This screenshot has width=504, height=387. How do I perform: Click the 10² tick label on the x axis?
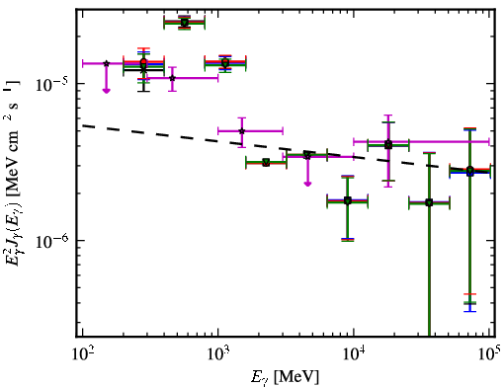point(82,354)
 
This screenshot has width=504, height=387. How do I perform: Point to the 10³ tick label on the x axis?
point(218,354)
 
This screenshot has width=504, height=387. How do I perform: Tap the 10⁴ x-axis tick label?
point(354,354)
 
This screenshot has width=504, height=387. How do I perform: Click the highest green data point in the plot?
point(185,23)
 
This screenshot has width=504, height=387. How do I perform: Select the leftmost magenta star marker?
point(106,63)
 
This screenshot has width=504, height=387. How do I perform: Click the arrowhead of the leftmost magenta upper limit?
point(106,91)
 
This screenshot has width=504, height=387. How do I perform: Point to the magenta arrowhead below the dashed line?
point(307,184)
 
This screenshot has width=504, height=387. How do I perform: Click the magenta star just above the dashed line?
point(242,131)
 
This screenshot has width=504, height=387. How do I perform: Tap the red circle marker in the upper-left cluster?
point(143,61)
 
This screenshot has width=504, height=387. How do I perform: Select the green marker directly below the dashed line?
point(266,162)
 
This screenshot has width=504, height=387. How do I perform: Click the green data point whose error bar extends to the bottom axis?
point(429,202)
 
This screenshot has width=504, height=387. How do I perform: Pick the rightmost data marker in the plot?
point(470,171)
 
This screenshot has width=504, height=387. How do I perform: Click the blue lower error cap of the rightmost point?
point(470,311)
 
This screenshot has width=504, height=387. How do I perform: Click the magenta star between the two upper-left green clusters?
point(172,78)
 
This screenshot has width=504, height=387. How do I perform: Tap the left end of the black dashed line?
point(83,125)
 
